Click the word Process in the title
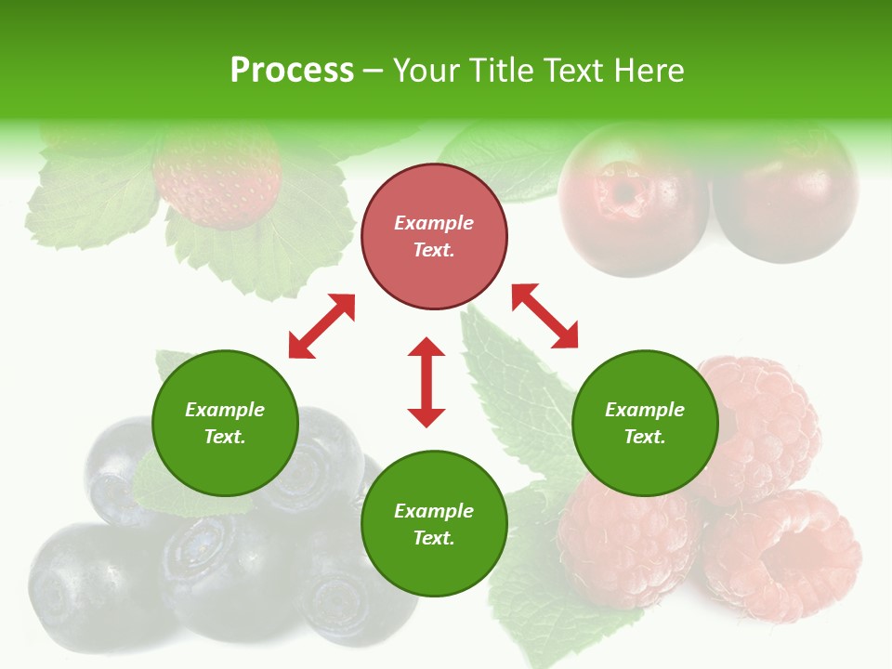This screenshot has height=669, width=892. pyautogui.click(x=292, y=71)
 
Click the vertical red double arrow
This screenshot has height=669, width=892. pyautogui.click(x=426, y=382)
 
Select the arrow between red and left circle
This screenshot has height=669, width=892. pyautogui.click(x=321, y=326)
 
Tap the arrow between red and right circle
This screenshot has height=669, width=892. pyautogui.click(x=544, y=316)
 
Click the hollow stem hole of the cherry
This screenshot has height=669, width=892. pyautogui.click(x=621, y=190)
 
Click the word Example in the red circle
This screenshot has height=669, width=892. pyautogui.click(x=434, y=223)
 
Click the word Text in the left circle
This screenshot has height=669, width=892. pyautogui.click(x=225, y=437)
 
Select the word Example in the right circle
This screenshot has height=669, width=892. pyautogui.click(x=645, y=410)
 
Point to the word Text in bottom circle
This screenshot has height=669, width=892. pyautogui.click(x=434, y=538)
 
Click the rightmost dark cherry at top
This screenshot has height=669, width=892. pyautogui.click(x=785, y=200)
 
